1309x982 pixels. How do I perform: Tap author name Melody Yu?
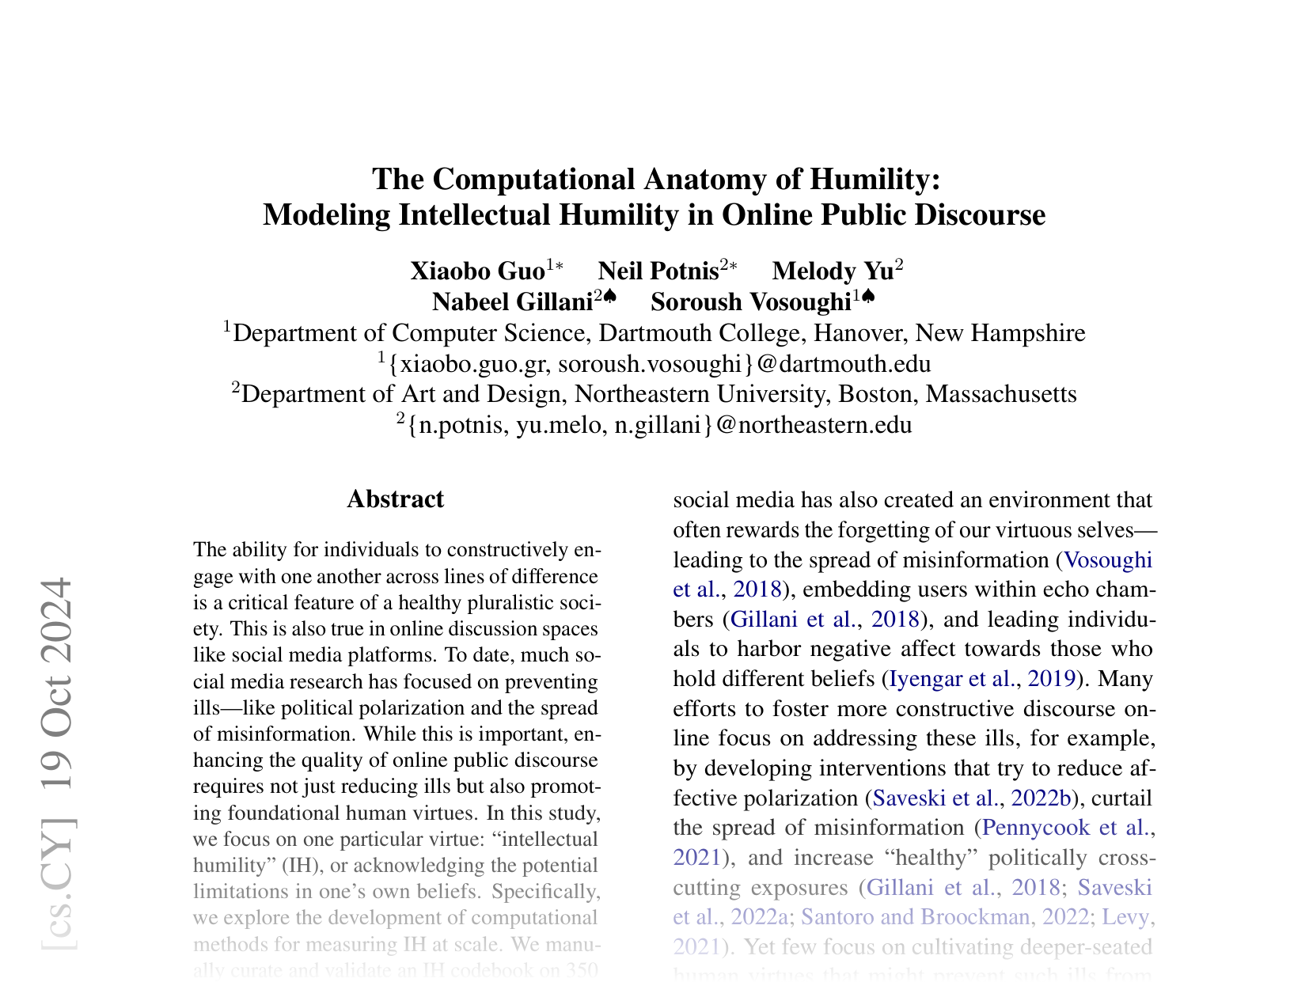(833, 271)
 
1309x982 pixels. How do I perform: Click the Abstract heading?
(395, 499)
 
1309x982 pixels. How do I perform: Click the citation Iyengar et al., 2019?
(982, 679)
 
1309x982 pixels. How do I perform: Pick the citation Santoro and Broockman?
(917, 917)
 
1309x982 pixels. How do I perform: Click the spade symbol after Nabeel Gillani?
(609, 297)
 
